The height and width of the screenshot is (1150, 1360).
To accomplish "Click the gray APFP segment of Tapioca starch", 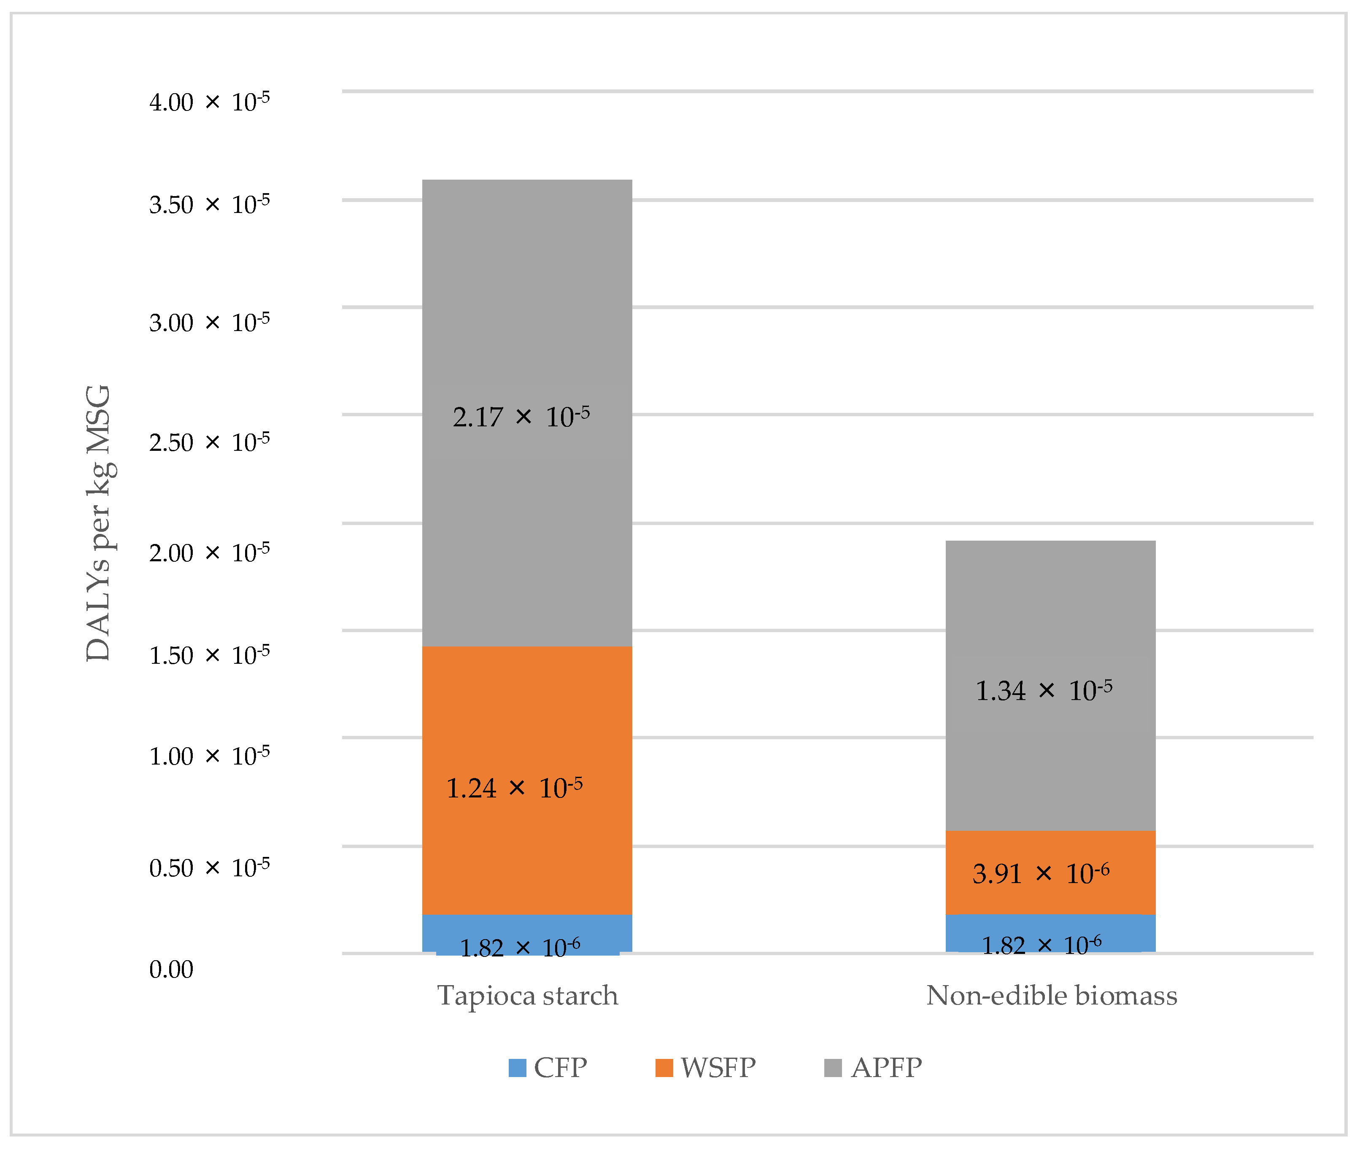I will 527,294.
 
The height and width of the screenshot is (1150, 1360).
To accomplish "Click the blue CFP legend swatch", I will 517,1068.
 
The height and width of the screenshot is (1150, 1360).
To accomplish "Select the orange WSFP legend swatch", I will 664,1068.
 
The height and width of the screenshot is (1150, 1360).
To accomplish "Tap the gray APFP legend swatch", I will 833,1068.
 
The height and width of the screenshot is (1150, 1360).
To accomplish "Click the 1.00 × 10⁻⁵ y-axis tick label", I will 209,756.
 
